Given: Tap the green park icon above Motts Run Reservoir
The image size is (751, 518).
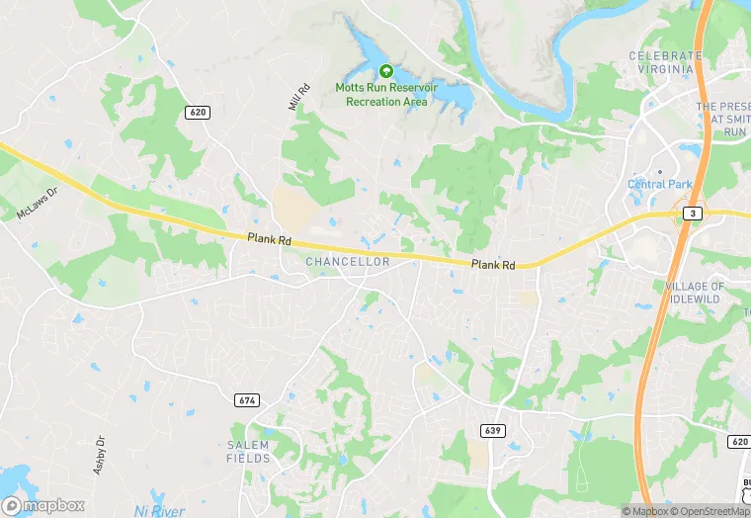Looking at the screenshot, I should pyautogui.click(x=385, y=71).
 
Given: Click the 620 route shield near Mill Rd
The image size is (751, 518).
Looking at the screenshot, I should pyautogui.click(x=197, y=113).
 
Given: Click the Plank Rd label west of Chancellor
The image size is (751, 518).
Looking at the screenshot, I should pyautogui.click(x=270, y=238).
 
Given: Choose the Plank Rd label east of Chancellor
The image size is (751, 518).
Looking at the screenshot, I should pyautogui.click(x=493, y=265).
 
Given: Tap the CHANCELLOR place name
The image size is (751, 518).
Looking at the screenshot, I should pyautogui.click(x=347, y=261).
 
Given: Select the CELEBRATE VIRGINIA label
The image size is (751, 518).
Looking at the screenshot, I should pyautogui.click(x=665, y=62).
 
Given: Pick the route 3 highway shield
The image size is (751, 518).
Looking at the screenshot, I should pyautogui.click(x=695, y=213).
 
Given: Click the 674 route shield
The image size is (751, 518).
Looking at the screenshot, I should pyautogui.click(x=247, y=399).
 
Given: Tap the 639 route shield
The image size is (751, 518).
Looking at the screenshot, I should pyautogui.click(x=490, y=430).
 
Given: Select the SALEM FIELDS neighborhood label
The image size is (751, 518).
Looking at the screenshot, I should pyautogui.click(x=248, y=452).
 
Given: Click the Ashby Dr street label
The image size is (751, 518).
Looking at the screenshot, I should pyautogui.click(x=100, y=455).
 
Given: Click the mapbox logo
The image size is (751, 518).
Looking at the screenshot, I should pyautogui.click(x=43, y=504).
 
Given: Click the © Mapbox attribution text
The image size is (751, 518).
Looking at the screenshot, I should pyautogui.click(x=645, y=511).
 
